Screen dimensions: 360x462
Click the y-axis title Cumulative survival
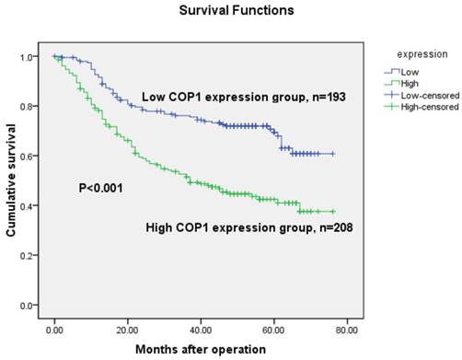pos(13,180)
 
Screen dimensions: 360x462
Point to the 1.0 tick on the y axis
pos(33,57)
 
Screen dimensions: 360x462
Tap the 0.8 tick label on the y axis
pos(33,107)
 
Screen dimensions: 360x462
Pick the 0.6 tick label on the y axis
pos(33,157)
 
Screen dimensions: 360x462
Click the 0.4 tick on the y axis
pos(33,206)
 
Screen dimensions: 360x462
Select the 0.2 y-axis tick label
pos(33,256)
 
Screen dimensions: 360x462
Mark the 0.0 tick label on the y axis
pos(33,306)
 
